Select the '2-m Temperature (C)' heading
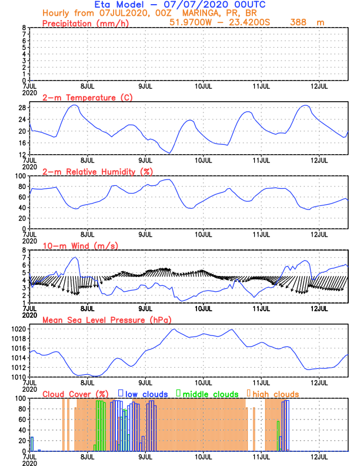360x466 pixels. tap(88, 98)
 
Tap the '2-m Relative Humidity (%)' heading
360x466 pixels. tap(97, 171)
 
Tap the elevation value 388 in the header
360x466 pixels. tap(299, 22)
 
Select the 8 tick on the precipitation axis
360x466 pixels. tap(24, 28)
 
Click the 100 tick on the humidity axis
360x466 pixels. tap(19, 175)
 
